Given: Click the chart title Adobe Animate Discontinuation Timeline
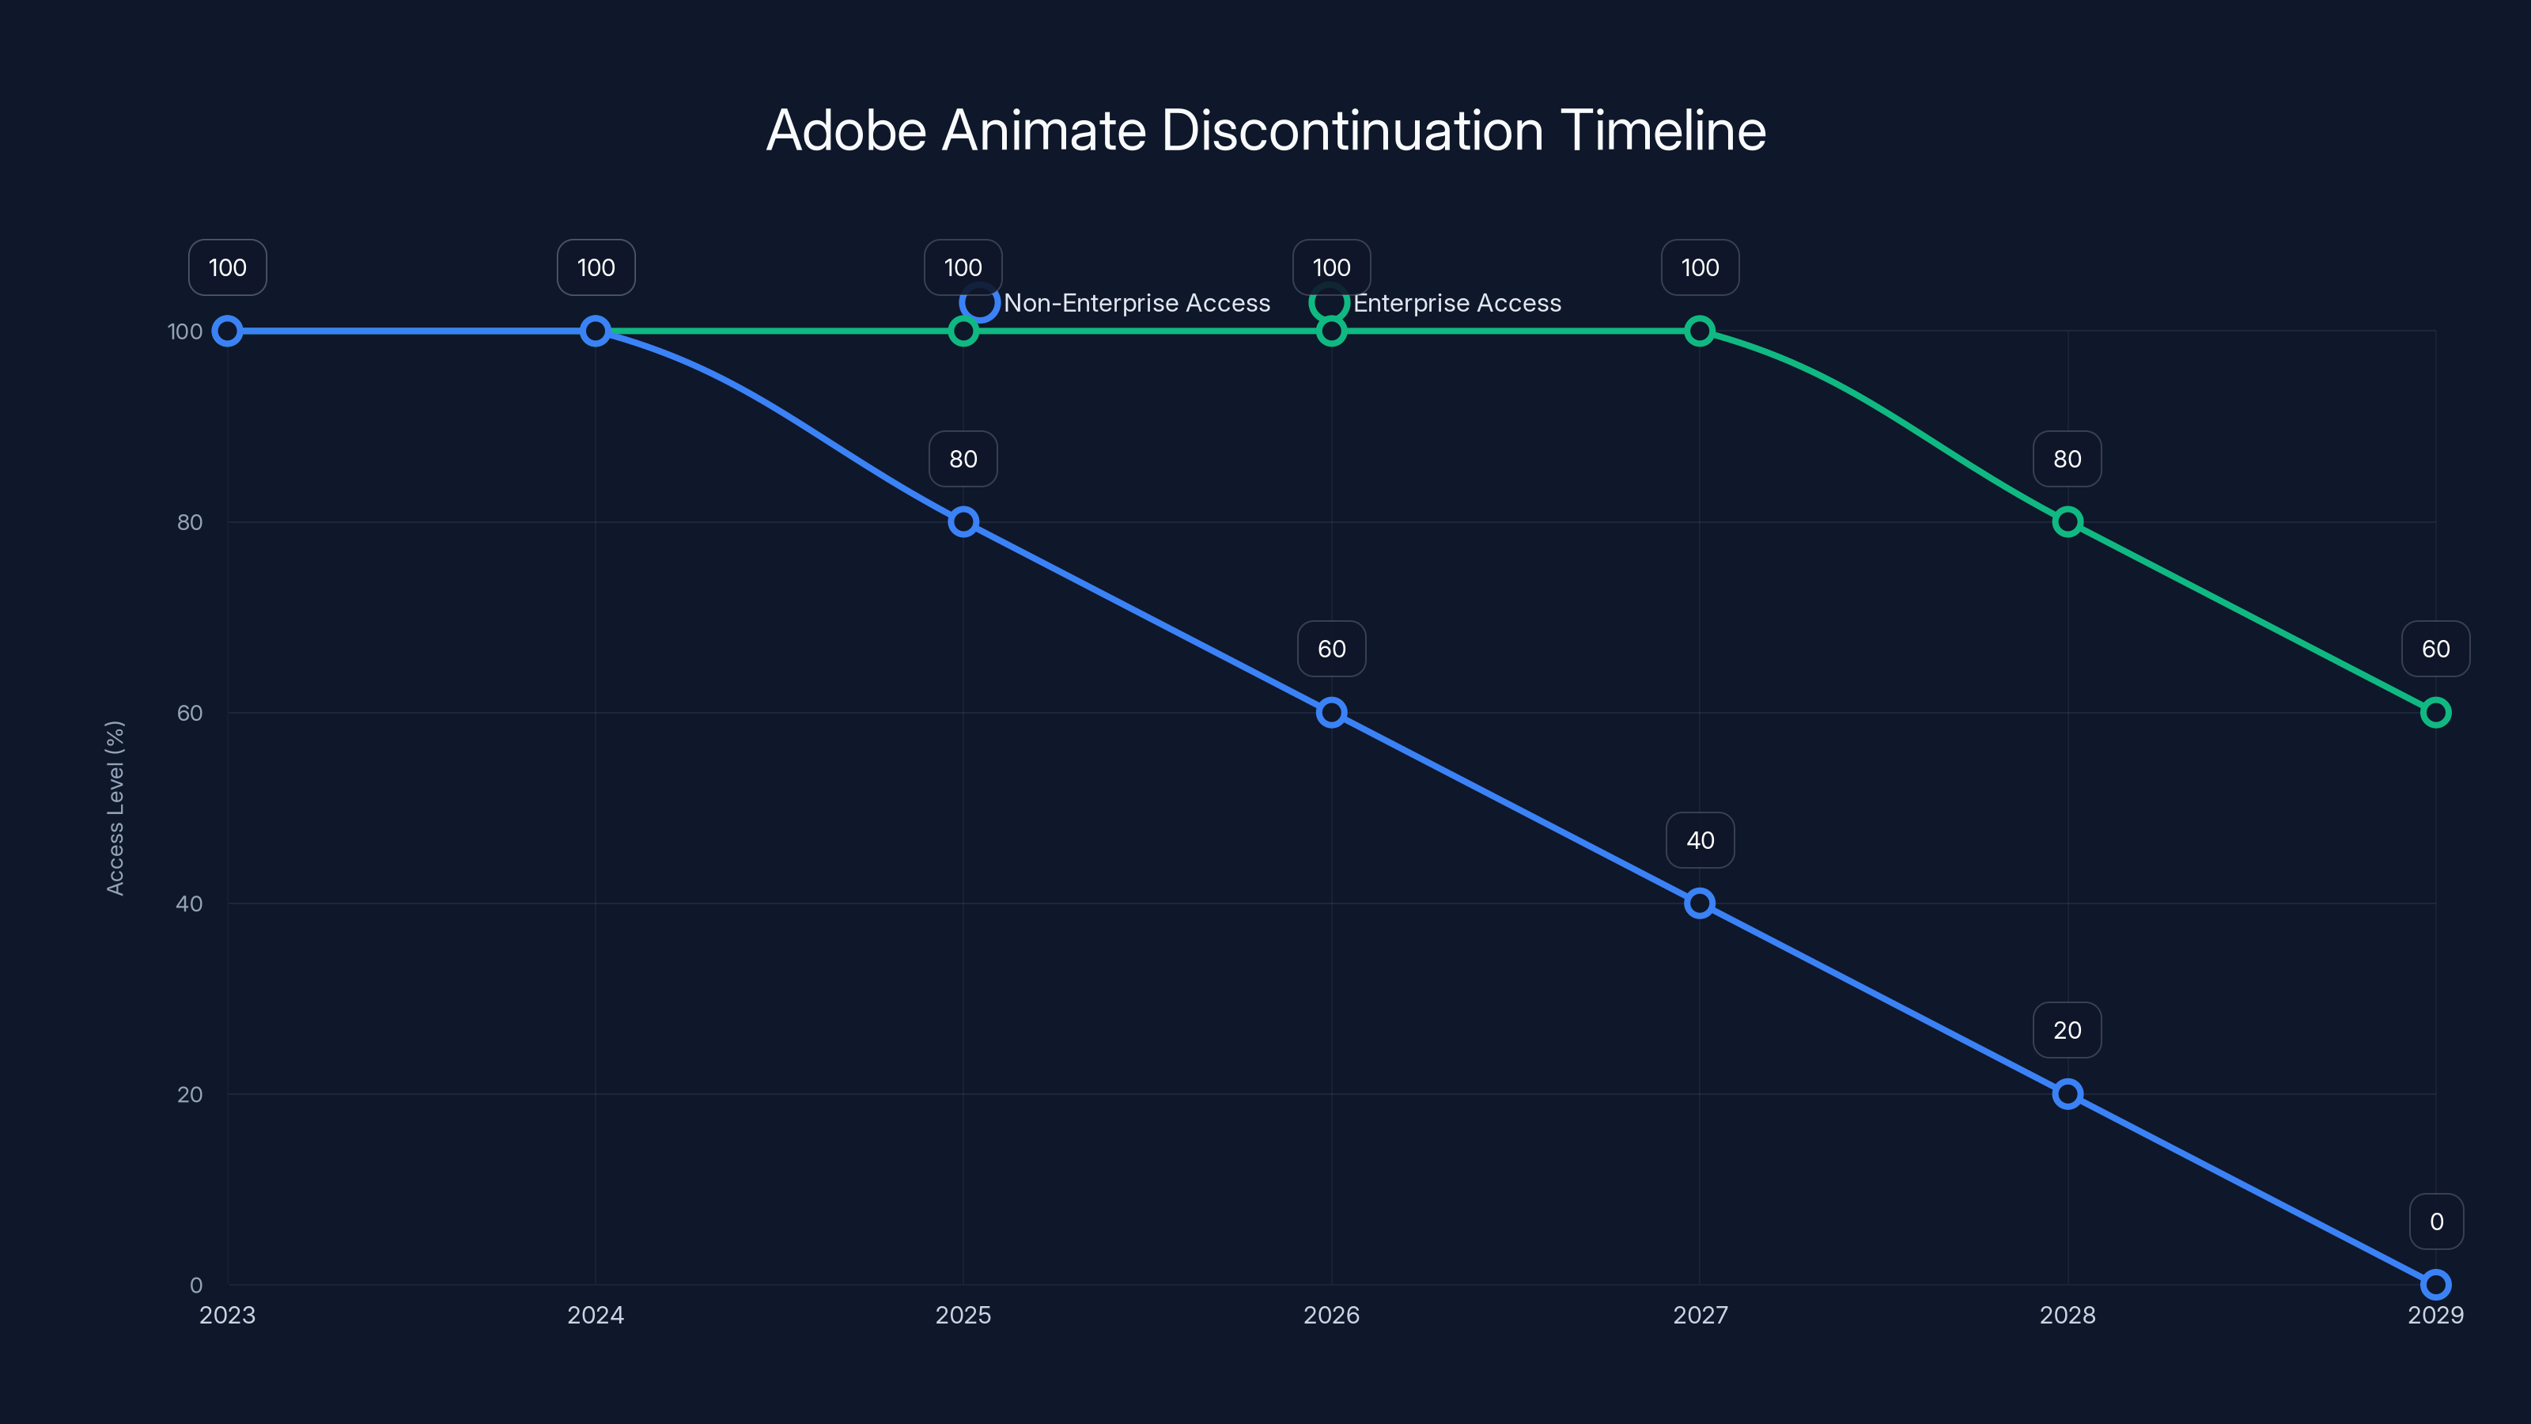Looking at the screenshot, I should (1265, 131).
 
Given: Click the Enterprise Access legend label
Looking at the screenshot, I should (1456, 303).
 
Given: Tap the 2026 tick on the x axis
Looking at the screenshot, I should (1331, 1315).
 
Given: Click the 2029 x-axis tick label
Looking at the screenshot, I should (2435, 1315).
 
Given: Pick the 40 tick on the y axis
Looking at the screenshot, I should (190, 903).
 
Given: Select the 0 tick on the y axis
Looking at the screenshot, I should (195, 1285).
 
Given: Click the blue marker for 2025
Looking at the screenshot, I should (963, 522).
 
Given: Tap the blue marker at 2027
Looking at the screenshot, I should (1700, 903).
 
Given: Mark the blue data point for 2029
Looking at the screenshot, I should (2435, 1285).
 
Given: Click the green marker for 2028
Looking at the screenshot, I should (2068, 522).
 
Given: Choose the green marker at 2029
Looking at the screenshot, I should (2435, 713).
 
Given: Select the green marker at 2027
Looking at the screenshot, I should (1700, 331).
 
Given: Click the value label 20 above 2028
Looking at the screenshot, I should (2068, 1030).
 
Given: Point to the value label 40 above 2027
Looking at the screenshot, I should (1700, 840).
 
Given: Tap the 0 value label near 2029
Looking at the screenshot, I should (2436, 1221).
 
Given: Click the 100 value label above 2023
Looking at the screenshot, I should (227, 267).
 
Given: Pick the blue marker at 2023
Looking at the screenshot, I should (227, 331).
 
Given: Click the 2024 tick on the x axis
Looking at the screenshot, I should (596, 1315).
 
